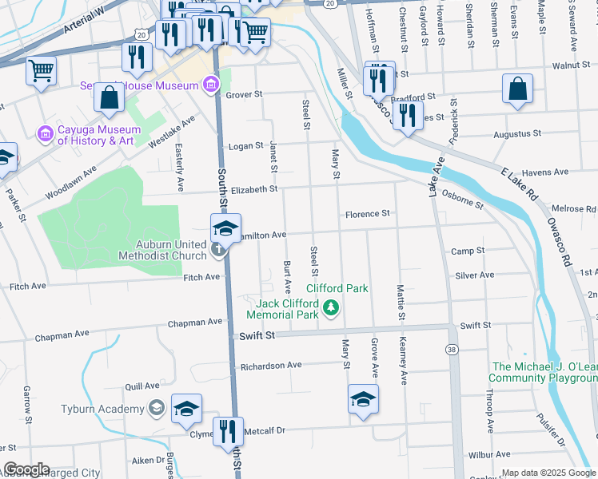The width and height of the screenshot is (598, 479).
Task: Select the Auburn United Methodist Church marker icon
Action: click(x=218, y=251)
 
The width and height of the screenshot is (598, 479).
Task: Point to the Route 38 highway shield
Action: click(x=452, y=350)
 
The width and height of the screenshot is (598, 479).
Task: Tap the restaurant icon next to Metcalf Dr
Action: click(x=228, y=431)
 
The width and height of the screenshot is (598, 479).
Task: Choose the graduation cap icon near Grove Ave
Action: click(x=363, y=398)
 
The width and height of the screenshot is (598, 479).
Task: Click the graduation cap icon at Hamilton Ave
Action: click(x=225, y=228)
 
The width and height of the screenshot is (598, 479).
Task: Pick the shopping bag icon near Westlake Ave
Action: click(x=109, y=97)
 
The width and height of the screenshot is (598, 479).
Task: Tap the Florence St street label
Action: click(x=367, y=214)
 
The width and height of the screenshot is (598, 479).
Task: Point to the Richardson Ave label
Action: click(x=271, y=365)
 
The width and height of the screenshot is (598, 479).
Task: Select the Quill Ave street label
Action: click(x=137, y=385)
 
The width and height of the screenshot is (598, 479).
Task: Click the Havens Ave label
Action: click(x=544, y=172)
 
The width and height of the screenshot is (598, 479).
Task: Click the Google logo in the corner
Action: click(x=26, y=469)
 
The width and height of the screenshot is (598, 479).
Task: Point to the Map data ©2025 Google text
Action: click(x=548, y=473)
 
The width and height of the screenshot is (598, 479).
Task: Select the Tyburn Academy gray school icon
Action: click(x=156, y=409)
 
